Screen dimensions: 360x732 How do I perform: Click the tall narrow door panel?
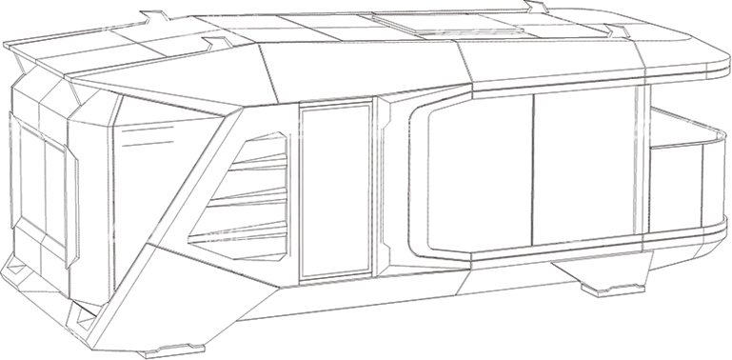(x=333, y=190)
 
